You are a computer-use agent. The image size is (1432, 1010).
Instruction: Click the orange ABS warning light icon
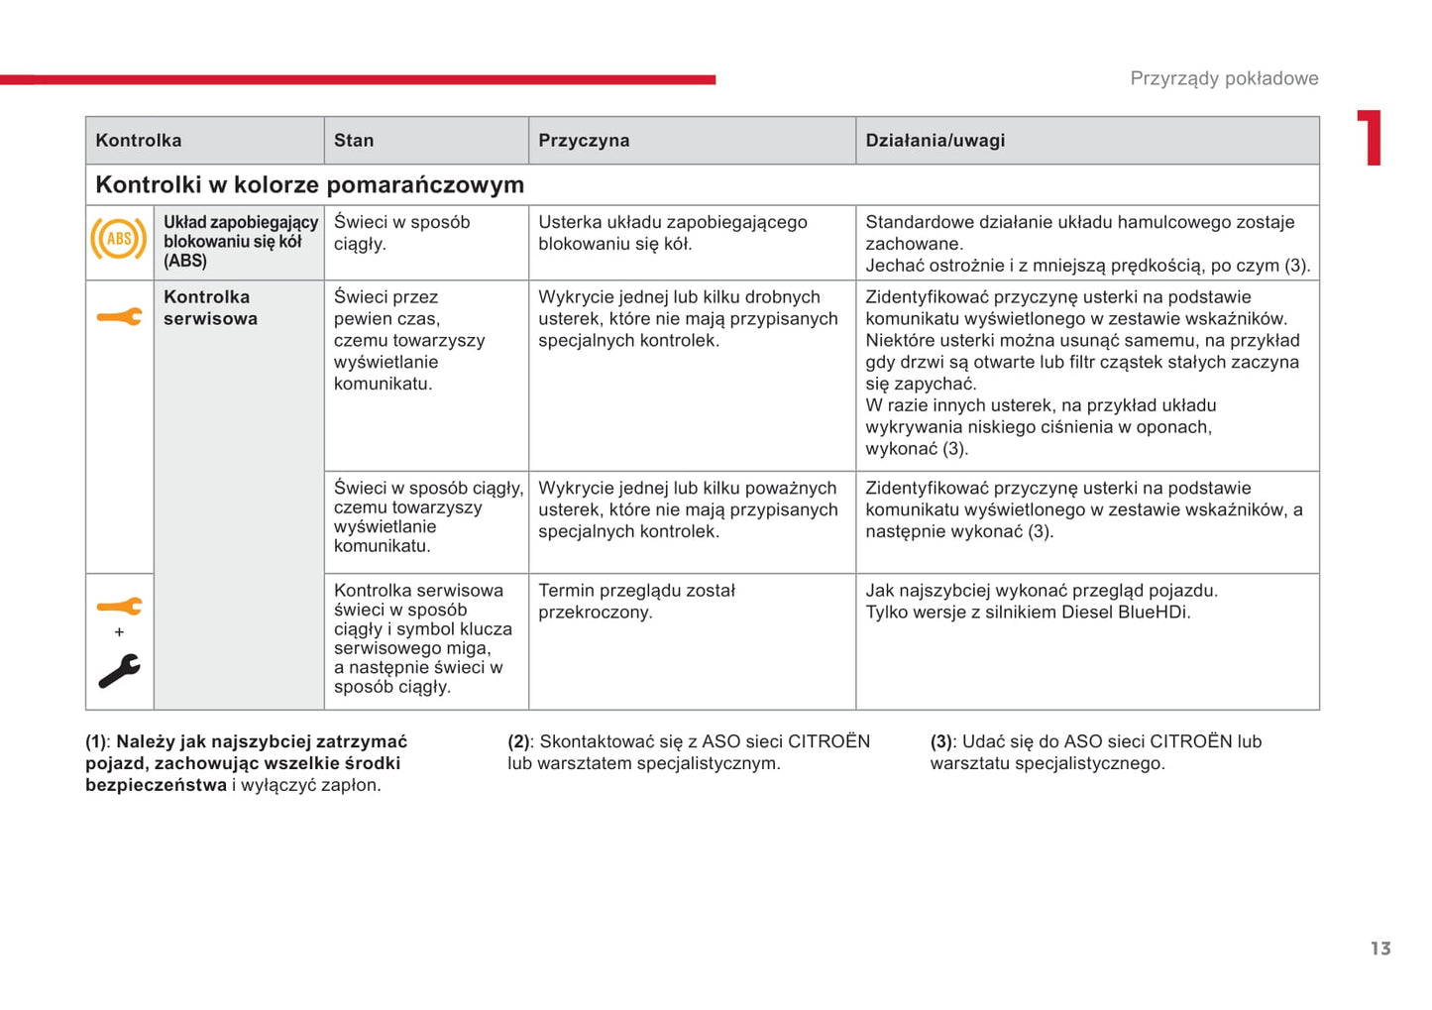click(119, 239)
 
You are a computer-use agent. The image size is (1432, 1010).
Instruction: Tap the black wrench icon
click(119, 671)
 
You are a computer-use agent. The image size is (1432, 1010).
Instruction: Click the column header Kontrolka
click(139, 141)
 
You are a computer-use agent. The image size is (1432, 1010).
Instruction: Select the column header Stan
click(354, 141)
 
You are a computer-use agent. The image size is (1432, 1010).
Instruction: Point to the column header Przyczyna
click(584, 141)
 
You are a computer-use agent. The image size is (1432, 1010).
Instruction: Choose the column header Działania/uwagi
click(935, 141)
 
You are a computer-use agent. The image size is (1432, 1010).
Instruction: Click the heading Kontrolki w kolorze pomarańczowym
click(309, 185)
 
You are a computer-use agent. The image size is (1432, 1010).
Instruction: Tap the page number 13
click(1380, 949)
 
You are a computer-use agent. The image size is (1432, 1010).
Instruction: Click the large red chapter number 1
click(1370, 138)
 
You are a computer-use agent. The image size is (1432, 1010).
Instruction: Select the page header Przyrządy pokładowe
click(1224, 78)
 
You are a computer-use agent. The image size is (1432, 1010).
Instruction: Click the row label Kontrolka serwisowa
click(210, 308)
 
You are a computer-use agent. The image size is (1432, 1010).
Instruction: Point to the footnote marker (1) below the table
click(97, 741)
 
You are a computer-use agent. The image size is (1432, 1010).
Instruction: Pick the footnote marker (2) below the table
click(519, 741)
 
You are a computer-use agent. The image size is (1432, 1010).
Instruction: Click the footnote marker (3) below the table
click(941, 741)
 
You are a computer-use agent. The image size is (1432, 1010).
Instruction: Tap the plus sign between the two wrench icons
click(119, 632)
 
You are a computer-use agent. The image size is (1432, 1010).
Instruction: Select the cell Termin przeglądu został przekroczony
click(636, 602)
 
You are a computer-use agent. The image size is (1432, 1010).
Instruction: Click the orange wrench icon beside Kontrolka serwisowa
click(119, 317)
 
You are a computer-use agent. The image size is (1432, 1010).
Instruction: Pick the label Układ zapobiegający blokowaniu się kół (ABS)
click(240, 242)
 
